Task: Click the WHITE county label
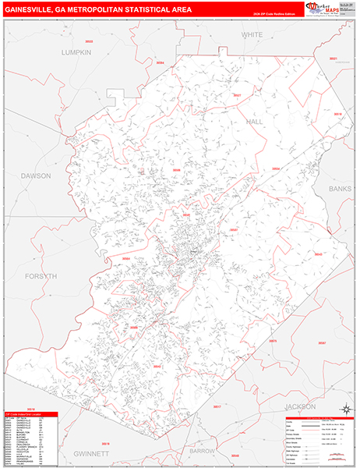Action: [252, 35]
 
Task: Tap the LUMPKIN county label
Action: [76, 51]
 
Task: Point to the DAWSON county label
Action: [36, 175]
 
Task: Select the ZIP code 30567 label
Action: [322, 342]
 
